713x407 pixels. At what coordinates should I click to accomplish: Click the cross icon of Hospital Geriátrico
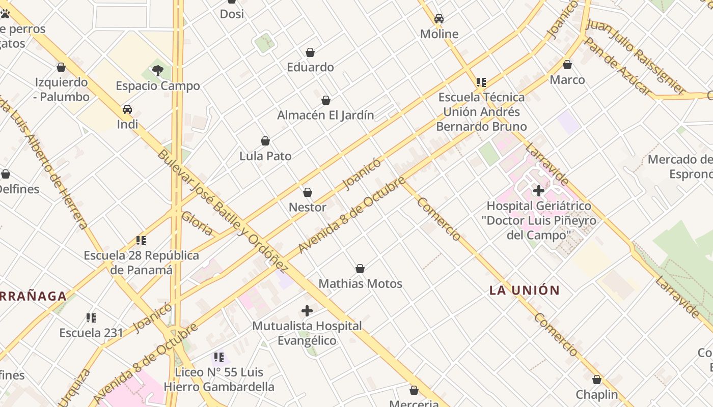tap(538, 191)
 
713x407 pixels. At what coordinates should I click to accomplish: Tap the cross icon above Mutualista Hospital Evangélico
tap(307, 310)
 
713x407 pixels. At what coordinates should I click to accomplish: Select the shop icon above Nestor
tap(308, 192)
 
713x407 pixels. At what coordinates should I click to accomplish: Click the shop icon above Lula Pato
tap(265, 141)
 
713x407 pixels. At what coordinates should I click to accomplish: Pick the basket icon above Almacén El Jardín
tap(326, 100)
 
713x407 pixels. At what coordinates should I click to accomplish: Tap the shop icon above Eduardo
tap(310, 52)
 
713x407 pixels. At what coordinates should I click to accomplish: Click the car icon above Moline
tap(439, 19)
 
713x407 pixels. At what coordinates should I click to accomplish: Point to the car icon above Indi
tap(127, 109)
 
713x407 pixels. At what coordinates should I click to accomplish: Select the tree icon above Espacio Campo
tap(158, 71)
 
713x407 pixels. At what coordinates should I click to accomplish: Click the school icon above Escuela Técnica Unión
tap(481, 82)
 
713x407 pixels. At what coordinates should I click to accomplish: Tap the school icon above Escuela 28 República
tap(141, 240)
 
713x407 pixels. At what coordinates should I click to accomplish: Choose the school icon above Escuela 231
tap(91, 318)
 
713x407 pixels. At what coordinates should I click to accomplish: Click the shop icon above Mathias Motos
tap(360, 269)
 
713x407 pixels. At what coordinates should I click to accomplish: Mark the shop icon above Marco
tap(567, 65)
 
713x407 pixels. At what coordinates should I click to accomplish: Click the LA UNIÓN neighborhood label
tap(525, 290)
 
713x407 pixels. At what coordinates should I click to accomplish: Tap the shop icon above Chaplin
tap(597, 380)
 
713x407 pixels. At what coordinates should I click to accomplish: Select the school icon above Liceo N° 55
tap(219, 357)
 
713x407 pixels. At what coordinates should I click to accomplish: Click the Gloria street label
tap(197, 223)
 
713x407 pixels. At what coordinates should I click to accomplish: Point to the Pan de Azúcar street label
tap(617, 66)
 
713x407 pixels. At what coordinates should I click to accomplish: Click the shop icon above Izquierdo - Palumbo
tap(61, 67)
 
